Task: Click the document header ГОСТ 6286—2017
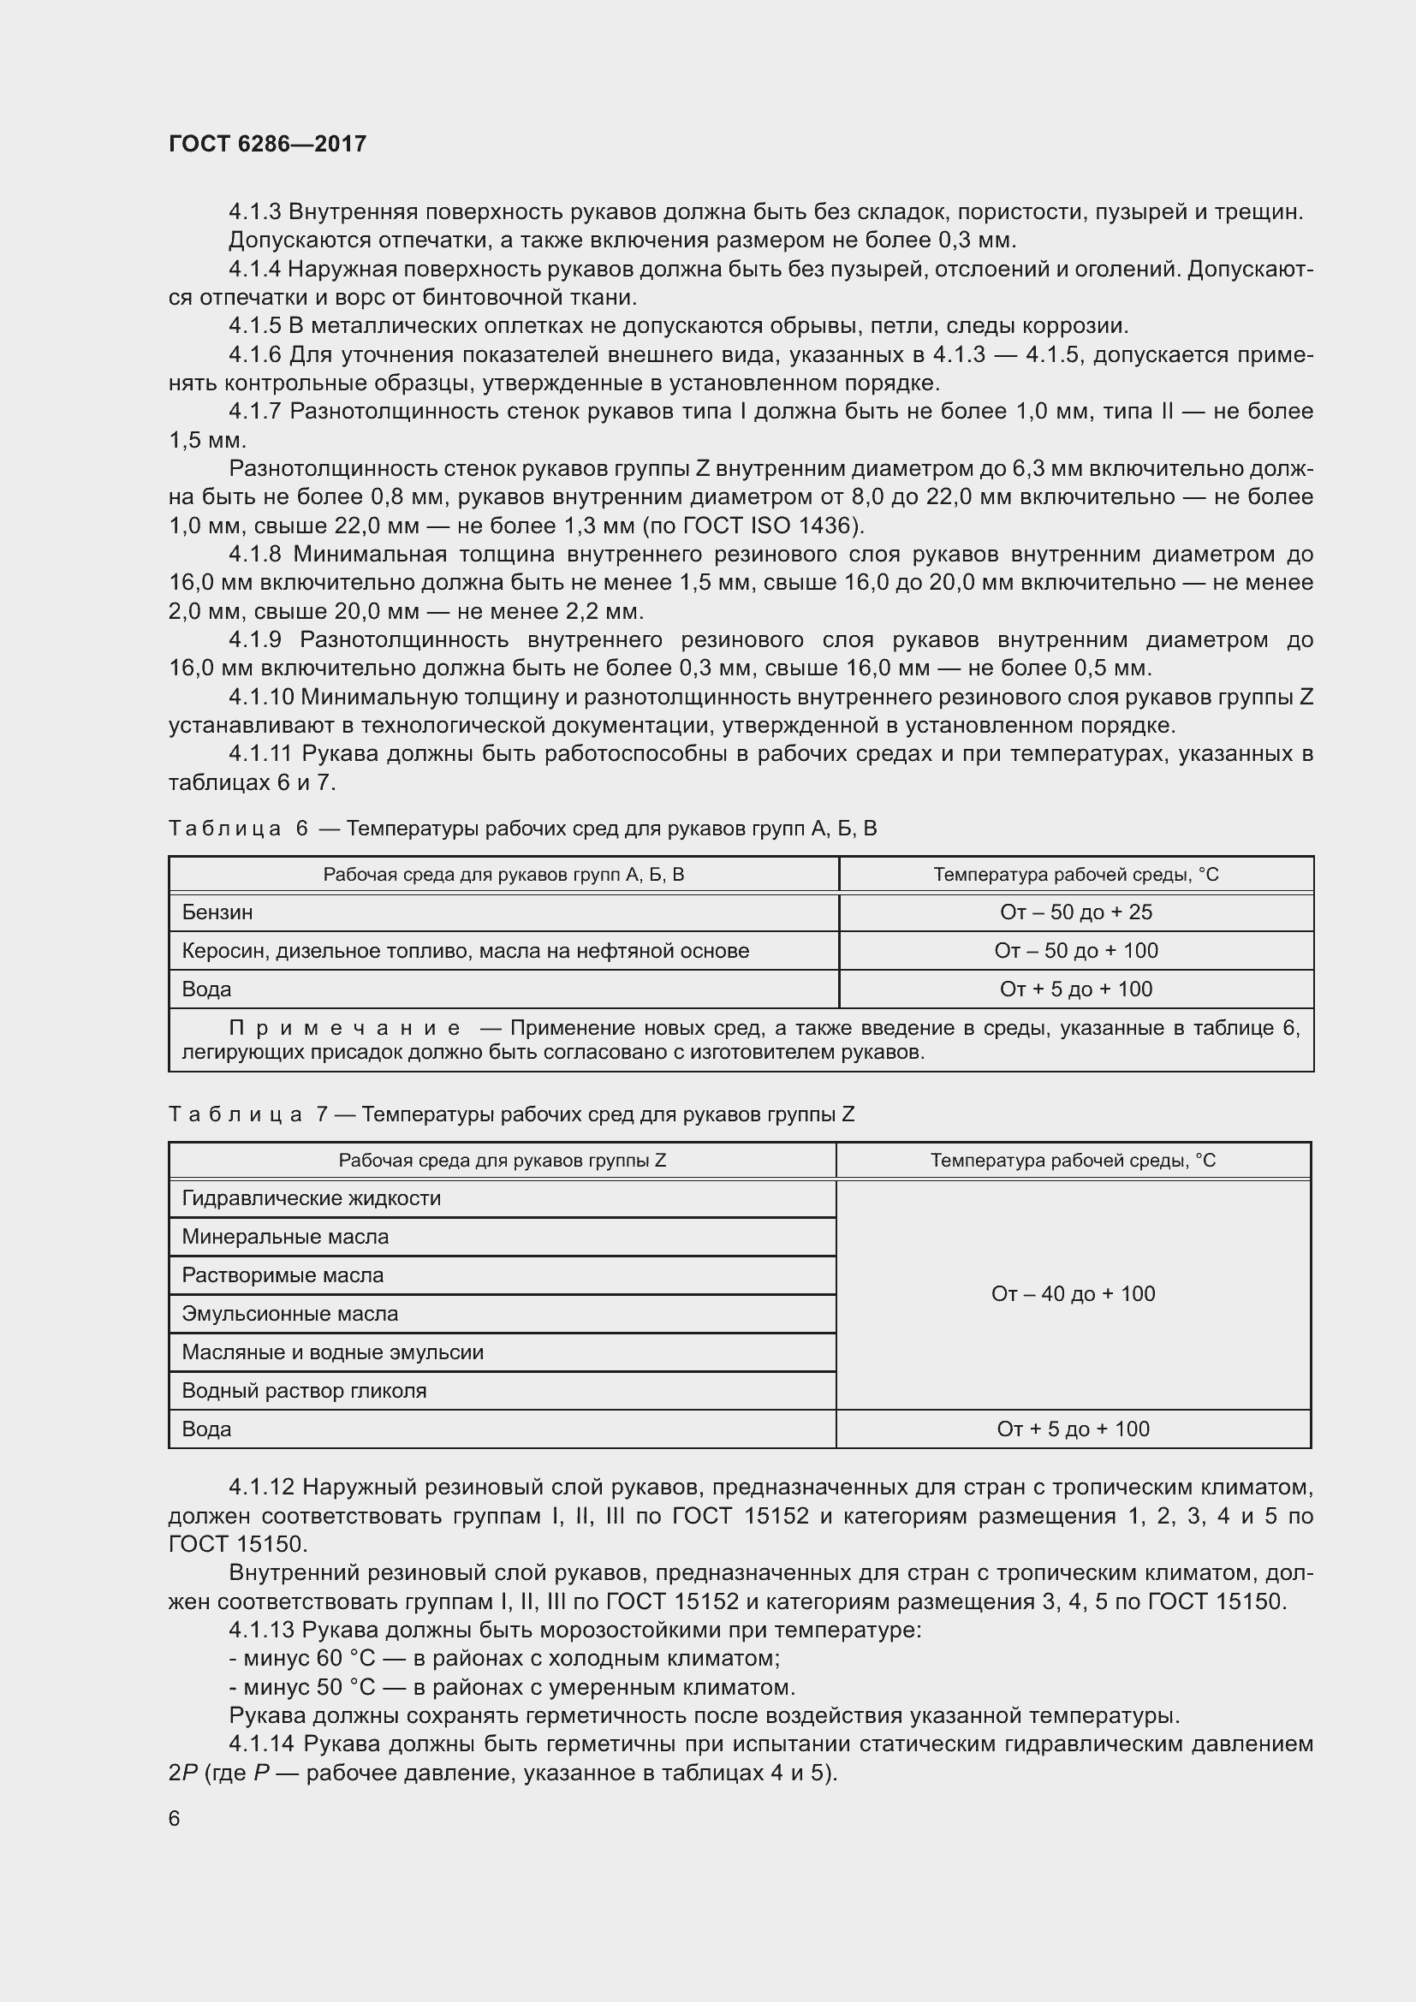tap(267, 144)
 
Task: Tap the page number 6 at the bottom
tap(175, 1818)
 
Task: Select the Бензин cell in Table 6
tap(217, 912)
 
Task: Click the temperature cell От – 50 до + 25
tap(1075, 912)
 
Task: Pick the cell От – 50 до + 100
tap(1075, 950)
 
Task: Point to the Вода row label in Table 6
tap(206, 989)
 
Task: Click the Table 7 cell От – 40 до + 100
tap(1073, 1294)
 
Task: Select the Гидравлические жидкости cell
tap(312, 1198)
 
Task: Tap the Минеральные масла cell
tap(285, 1237)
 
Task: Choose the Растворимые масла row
tap(283, 1274)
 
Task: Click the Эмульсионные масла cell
tap(289, 1313)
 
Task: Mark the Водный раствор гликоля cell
tap(304, 1390)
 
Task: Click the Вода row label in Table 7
tap(206, 1429)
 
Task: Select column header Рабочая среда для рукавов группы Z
tap(503, 1161)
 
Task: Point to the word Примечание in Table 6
tap(344, 1028)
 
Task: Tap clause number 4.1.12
tap(262, 1487)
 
